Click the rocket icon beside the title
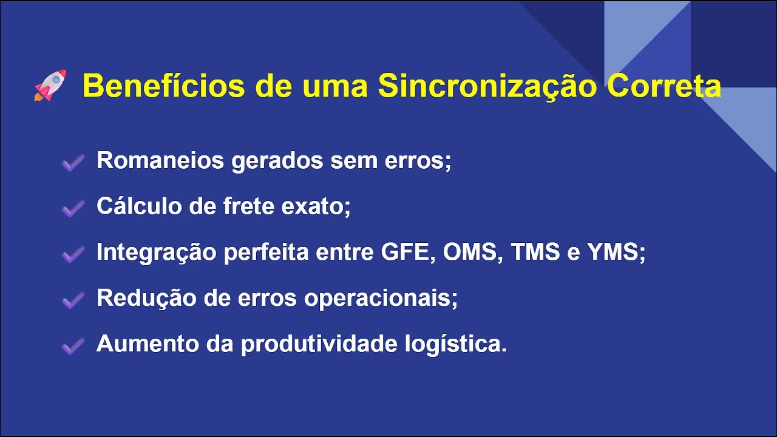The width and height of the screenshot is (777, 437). [50, 86]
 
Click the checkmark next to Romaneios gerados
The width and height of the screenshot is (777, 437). [73, 163]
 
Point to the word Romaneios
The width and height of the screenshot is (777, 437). [160, 161]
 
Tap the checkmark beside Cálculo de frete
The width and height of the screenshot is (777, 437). [73, 209]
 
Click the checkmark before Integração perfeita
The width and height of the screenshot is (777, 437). [73, 254]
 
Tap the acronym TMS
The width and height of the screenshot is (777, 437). [535, 252]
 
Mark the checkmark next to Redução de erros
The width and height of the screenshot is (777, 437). [73, 300]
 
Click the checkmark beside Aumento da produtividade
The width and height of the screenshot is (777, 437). [73, 346]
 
